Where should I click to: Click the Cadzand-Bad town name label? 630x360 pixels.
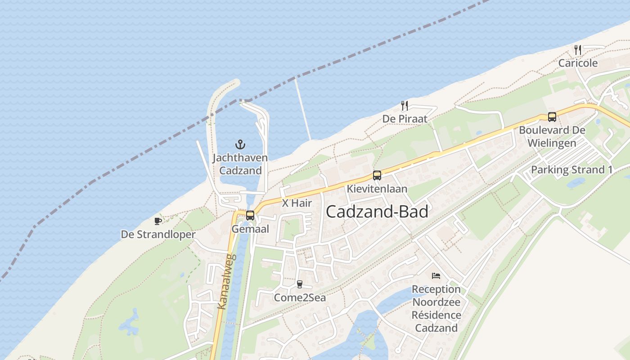(377, 211)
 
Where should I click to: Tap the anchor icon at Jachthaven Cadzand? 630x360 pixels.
(240, 144)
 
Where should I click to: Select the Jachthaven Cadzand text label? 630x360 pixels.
(240, 164)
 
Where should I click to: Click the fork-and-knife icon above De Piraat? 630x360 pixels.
(405, 106)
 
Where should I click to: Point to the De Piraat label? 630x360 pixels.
(405, 119)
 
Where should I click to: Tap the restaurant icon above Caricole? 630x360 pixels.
(578, 50)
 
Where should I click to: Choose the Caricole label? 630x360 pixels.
(578, 63)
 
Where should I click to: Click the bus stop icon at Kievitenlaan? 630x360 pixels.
(377, 175)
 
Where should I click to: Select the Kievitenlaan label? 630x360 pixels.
(377, 189)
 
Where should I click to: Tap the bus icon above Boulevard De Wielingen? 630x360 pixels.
(552, 117)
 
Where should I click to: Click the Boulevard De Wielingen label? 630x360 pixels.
(552, 137)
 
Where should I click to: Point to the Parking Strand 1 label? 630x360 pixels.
(572, 170)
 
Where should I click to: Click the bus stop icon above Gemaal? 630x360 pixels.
(250, 216)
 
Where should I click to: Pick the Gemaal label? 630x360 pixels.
(250, 229)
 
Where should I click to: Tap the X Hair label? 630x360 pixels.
(297, 203)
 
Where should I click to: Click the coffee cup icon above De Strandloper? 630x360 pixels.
(158, 221)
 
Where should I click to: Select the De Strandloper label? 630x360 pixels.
(158, 234)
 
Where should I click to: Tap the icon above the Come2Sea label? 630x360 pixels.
(300, 284)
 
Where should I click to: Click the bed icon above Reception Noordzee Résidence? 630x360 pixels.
(436, 276)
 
